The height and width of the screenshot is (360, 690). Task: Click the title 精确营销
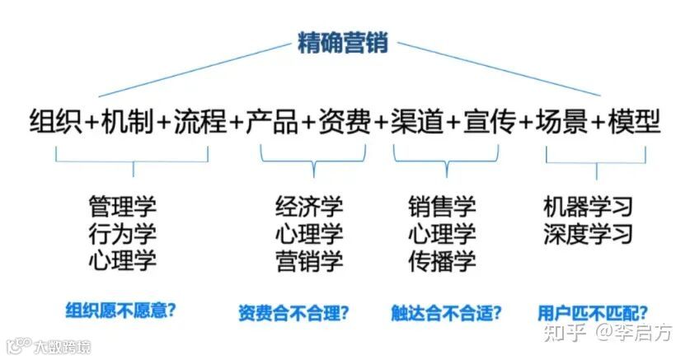[344, 43]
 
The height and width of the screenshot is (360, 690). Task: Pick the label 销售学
[442, 205]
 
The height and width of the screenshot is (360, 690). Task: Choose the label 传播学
[442, 261]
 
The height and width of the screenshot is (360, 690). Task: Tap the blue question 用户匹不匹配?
[591, 312]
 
